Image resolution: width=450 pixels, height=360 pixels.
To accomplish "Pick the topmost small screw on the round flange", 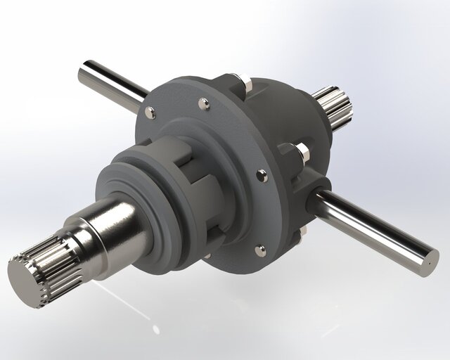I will pyautogui.click(x=204, y=104).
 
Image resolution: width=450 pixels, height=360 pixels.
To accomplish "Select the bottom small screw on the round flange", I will pyautogui.click(x=259, y=248).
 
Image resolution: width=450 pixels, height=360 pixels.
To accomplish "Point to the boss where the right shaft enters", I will pyautogui.click(x=318, y=191).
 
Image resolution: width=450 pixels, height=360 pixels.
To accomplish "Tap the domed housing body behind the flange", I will pyautogui.click(x=295, y=120).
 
